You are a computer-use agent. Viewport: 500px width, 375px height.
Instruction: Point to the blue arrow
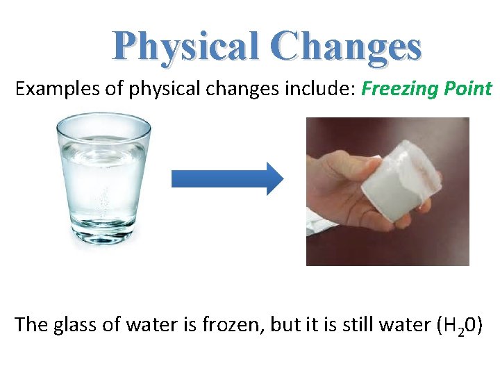point(227,179)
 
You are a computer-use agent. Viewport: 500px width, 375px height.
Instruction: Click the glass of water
point(103,181)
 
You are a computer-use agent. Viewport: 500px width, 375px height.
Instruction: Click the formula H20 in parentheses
point(458,325)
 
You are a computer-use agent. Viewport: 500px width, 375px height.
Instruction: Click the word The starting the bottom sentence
point(30,324)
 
